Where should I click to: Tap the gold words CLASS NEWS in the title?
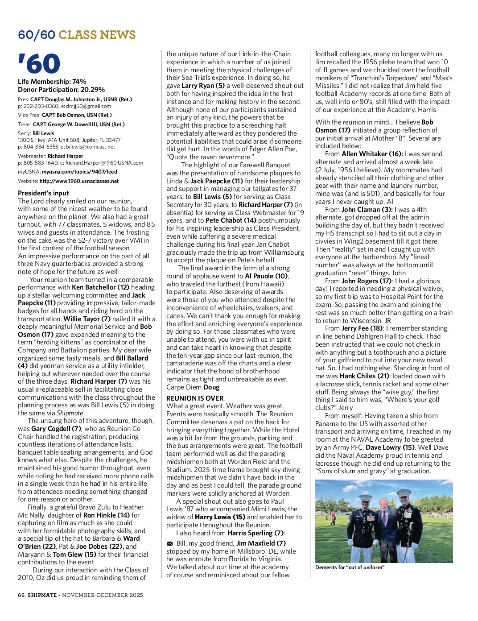tap(97, 35)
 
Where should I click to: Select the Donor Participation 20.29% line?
tap(61, 89)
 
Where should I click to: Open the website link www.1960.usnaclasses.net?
tap(79, 181)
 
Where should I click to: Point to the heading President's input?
tap(43, 193)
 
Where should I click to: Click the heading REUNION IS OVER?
tap(195, 398)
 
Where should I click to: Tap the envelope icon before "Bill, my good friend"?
tap(169, 543)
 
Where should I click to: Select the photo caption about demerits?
tap(350, 567)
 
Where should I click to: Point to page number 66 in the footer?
tap(21, 595)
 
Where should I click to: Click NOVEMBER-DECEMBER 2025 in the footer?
tap(103, 595)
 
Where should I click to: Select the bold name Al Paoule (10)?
tap(266, 276)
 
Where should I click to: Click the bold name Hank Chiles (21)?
tap(364, 376)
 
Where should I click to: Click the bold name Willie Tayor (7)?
tap(87, 319)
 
